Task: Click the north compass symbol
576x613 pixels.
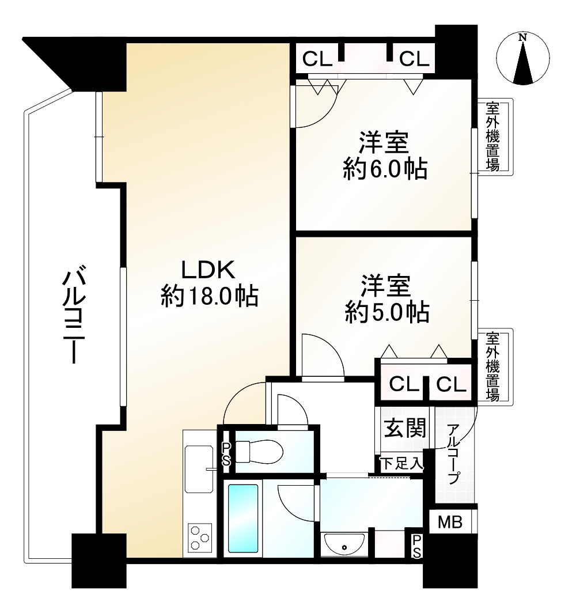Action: (523, 58)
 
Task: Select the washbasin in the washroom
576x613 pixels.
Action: (344, 543)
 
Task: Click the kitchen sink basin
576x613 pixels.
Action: (198, 470)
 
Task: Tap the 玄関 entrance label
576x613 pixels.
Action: (405, 428)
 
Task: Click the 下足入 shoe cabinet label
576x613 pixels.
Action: (401, 463)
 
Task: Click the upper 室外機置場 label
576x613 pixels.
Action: (492, 137)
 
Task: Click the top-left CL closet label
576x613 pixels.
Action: (317, 58)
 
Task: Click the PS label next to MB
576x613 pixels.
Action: (416, 546)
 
